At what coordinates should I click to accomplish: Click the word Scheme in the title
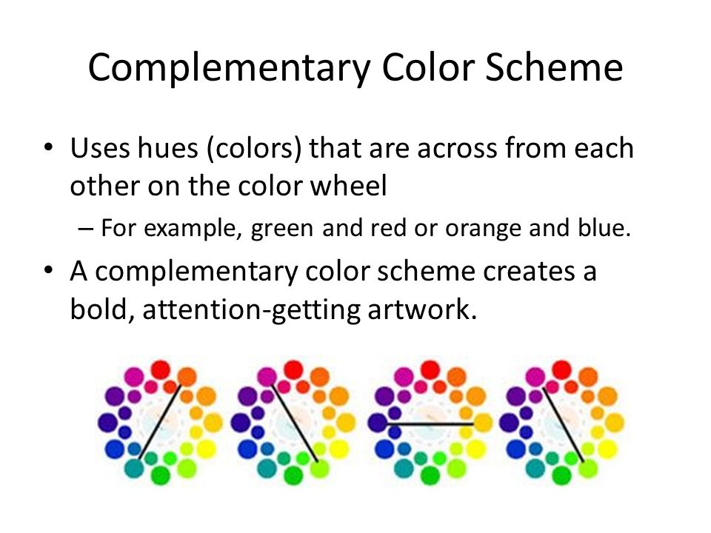pos(554,67)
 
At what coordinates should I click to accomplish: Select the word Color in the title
pos(429,67)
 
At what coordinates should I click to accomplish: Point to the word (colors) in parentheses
pos(254,149)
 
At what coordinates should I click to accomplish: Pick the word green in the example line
pos(282,229)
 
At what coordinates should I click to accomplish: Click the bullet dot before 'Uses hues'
pos(48,147)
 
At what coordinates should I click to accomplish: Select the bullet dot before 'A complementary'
pos(48,271)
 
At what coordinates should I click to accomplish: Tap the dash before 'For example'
pos(85,229)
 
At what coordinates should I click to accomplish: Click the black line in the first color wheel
pos(160,422)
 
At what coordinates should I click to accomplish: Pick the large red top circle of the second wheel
pos(294,369)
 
